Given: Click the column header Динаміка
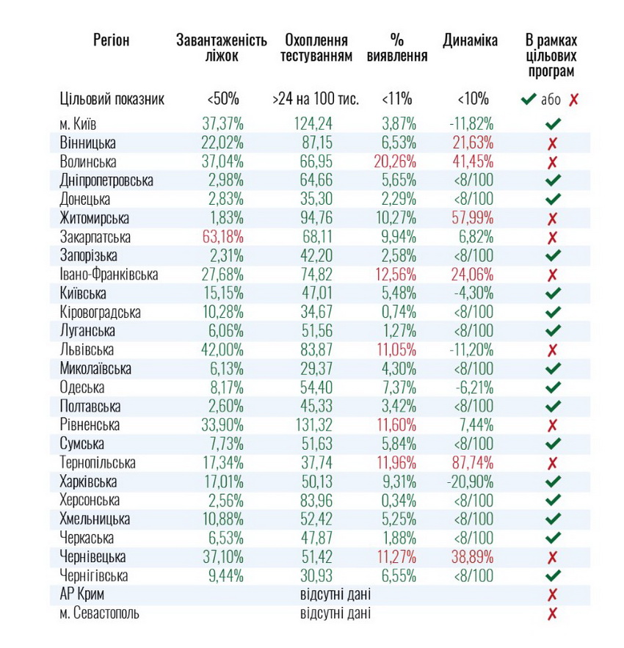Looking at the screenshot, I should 470,41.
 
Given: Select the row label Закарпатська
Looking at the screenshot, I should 95,237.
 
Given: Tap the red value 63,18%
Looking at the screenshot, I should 222,237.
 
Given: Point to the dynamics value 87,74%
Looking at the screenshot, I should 470,463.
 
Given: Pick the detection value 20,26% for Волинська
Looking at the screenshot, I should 396,161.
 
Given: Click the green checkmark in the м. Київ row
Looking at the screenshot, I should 553,124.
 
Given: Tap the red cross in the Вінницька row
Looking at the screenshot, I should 553,143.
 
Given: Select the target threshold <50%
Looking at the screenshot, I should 222,99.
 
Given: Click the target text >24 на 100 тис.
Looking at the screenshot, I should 316,99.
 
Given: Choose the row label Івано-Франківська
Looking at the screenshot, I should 110,274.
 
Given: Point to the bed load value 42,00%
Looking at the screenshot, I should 222,350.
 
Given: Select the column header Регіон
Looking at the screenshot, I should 112,41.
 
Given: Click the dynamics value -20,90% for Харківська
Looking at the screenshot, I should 470,482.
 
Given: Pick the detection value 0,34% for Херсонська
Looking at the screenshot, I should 397,500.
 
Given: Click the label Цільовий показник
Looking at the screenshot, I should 112,99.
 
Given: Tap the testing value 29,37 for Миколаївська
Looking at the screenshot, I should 316,368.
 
